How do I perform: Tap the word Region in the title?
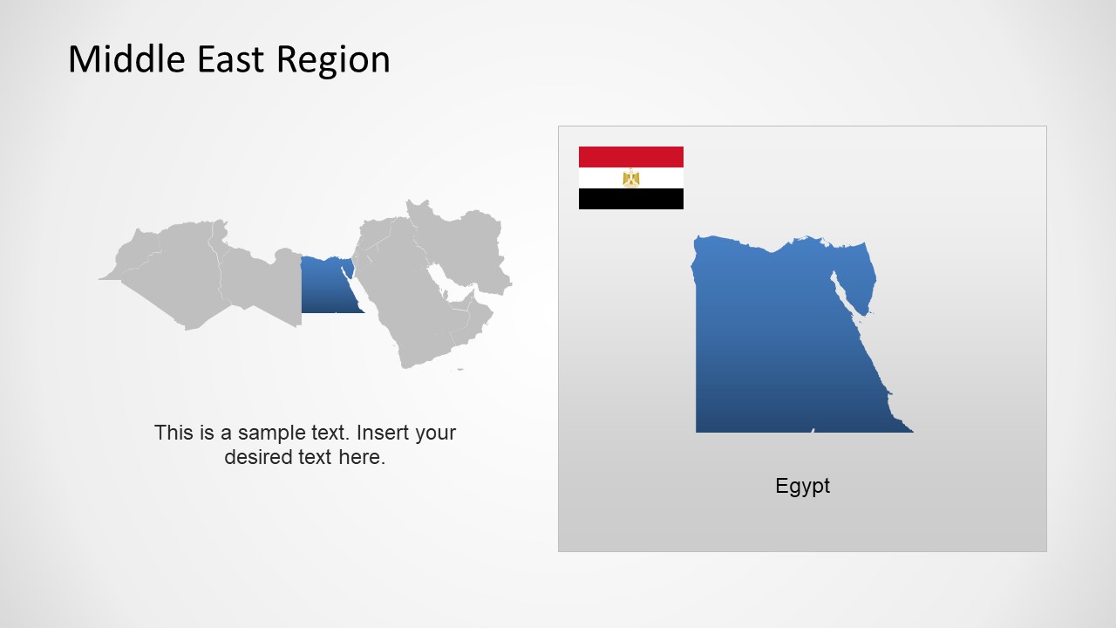[x=333, y=59]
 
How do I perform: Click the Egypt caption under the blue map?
[x=802, y=486]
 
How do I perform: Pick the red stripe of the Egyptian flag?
[x=630, y=157]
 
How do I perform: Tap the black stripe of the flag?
[x=630, y=199]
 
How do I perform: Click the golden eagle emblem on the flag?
[x=630, y=178]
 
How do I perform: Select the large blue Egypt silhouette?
[x=767, y=349]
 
